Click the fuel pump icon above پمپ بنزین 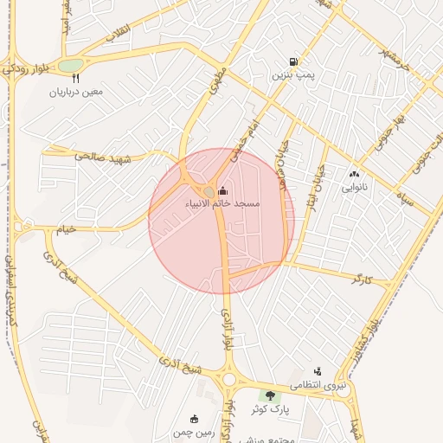click(294, 62)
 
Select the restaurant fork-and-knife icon click(76, 78)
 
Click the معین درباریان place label click(76, 91)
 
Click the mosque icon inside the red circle click(223, 190)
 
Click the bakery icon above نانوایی click(354, 173)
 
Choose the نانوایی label click(354, 186)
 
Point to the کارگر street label click(363, 279)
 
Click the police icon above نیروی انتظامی click(317, 370)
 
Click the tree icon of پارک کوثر click(270, 395)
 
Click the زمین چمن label click(193, 431)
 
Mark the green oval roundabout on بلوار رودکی click(71, 65)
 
